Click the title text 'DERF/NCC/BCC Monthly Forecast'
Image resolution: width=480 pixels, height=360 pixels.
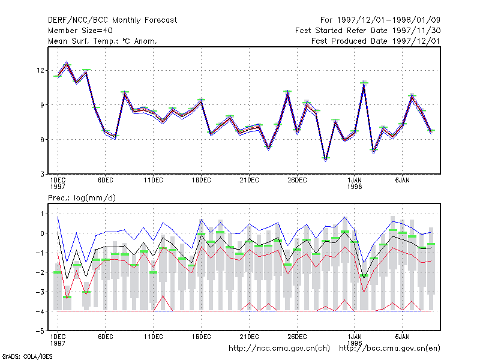click(112, 20)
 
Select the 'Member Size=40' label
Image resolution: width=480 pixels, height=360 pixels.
click(80, 31)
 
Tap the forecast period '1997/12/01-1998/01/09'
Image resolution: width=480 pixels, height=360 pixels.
click(388, 20)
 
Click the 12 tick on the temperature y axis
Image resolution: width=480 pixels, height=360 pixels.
click(40, 70)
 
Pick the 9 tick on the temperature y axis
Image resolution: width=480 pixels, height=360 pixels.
click(42, 105)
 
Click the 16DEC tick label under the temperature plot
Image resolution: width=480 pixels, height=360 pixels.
click(201, 181)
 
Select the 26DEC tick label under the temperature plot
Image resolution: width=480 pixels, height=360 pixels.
click(297, 181)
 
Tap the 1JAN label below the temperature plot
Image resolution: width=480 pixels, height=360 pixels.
click(355, 181)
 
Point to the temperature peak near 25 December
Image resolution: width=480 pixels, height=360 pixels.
click(287, 92)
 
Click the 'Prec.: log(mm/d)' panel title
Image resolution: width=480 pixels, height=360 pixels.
click(82, 198)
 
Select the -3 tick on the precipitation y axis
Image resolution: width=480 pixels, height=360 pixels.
click(40, 292)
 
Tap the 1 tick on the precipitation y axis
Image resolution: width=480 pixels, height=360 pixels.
click(42, 214)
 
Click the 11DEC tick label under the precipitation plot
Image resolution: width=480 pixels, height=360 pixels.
click(154, 337)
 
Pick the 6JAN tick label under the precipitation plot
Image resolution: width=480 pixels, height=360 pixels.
click(402, 337)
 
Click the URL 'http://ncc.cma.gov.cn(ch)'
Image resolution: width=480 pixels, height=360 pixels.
click(279, 349)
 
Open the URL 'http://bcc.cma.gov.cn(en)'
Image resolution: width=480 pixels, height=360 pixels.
click(389, 349)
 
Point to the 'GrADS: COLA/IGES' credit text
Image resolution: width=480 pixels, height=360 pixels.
click(27, 356)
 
